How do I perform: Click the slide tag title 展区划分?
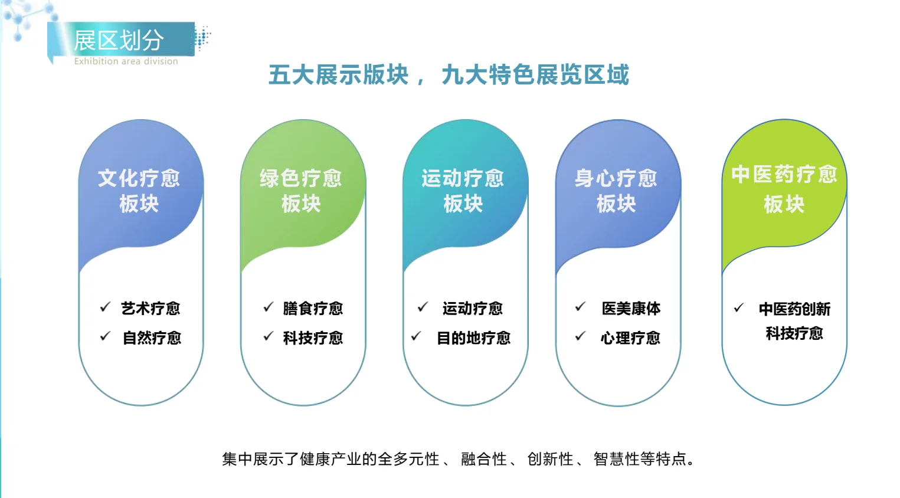coord(119,41)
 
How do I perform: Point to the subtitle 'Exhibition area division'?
coord(126,61)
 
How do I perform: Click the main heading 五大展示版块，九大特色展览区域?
coord(449,75)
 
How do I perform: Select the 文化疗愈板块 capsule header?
coord(139,190)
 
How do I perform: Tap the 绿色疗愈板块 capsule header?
coord(301,190)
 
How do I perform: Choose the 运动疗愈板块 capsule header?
coord(463,190)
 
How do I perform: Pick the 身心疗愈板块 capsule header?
coord(616,190)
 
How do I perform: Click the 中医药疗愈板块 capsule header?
coord(784,189)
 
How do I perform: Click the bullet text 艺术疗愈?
coord(150,309)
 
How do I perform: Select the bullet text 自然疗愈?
coord(152,338)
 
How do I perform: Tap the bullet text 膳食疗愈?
coord(313,309)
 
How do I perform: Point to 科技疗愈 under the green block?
coord(313,338)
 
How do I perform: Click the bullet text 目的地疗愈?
coord(473,338)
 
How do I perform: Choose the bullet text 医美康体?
coord(631,309)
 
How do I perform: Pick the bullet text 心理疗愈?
coord(630,338)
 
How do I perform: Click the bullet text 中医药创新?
coord(794,309)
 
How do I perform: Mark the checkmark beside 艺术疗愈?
coord(106,307)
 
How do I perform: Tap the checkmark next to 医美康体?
coord(580,307)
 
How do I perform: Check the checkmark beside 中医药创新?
coord(739,308)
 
